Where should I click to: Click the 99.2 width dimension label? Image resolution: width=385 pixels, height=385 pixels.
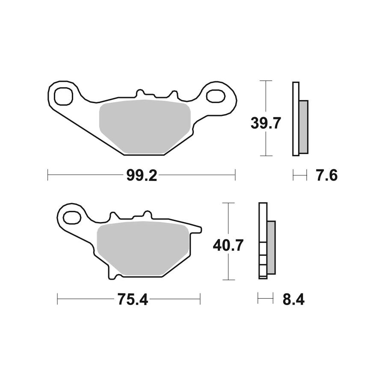click(142, 175)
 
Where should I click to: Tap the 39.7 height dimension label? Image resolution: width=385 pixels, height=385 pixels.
click(266, 123)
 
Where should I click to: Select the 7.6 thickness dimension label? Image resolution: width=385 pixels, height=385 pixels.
click(327, 175)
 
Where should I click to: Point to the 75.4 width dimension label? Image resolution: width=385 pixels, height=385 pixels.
click(133, 299)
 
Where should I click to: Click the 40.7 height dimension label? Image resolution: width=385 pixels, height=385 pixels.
click(228, 245)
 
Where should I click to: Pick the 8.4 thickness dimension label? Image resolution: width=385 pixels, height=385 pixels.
click(293, 299)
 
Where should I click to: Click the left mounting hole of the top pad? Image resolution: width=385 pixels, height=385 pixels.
click(64, 96)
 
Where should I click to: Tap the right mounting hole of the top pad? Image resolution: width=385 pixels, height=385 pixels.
click(216, 95)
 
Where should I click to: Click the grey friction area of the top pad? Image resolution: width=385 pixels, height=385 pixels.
click(145, 127)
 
